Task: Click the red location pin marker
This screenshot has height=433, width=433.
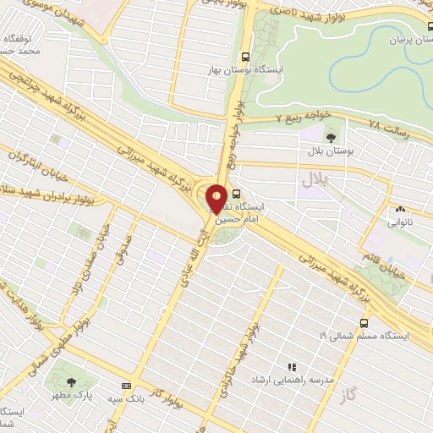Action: point(216,198)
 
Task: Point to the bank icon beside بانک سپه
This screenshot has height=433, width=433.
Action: point(126,385)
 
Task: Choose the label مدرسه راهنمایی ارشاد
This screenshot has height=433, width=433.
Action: point(288,381)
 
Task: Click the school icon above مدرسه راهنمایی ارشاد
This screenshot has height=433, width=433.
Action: point(292,368)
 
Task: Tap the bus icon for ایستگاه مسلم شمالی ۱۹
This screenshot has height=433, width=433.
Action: point(364,322)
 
